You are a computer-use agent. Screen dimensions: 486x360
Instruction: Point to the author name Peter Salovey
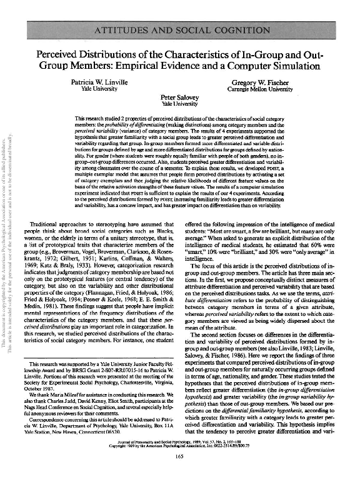point(179,98)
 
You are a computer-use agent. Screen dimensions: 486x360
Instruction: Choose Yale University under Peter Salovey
point(179,104)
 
